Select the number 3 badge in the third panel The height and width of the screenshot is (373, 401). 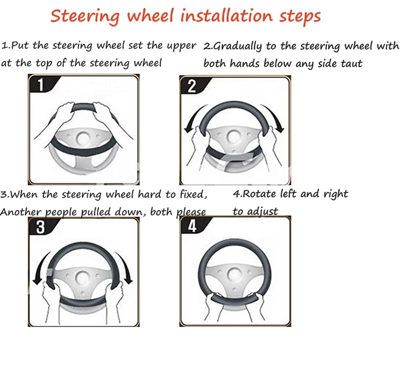tap(40, 228)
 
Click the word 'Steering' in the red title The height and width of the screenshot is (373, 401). tap(83, 16)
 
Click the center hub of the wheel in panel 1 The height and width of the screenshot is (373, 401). tap(83, 138)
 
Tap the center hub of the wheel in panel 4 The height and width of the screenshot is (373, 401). tap(234, 275)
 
